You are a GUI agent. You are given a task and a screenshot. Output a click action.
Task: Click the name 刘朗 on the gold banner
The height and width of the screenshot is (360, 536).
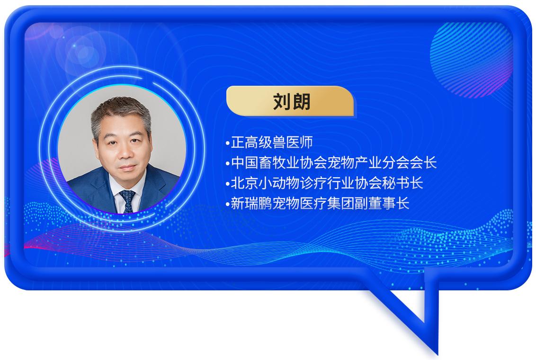point(292,101)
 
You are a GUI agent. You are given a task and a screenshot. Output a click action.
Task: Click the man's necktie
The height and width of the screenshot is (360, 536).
point(127,201)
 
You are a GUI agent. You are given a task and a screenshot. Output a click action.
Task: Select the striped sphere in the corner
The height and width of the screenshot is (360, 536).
point(472,60)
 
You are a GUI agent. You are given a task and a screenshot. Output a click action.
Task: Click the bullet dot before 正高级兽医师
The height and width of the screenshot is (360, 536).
point(228,144)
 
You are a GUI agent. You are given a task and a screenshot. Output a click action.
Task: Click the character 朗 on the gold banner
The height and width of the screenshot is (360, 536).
point(302,101)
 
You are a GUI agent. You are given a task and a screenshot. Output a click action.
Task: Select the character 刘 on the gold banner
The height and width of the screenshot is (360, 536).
point(282,101)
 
